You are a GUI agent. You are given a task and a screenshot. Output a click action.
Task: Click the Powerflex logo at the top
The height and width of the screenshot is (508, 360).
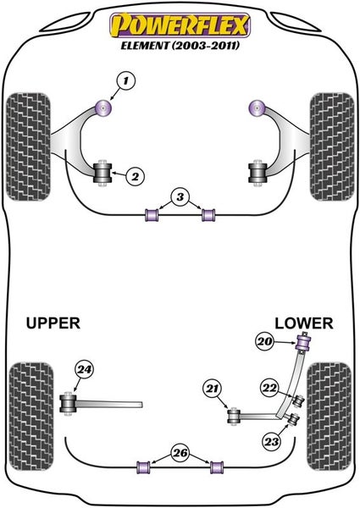click(180, 25)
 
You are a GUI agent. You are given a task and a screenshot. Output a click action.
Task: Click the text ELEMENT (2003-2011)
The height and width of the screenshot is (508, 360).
click(180, 46)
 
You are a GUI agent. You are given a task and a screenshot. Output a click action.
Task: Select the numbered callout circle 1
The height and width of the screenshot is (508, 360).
click(125, 81)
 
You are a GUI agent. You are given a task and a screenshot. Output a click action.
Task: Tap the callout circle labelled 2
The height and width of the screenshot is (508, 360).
click(136, 176)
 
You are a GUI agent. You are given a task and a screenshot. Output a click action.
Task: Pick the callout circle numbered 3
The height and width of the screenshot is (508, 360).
click(180, 196)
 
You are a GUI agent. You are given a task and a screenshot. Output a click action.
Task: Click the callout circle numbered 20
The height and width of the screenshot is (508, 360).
click(265, 341)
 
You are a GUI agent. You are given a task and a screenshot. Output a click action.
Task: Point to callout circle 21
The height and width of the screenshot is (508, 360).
click(213, 388)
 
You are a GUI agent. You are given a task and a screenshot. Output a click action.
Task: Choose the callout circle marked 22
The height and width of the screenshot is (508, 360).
click(270, 388)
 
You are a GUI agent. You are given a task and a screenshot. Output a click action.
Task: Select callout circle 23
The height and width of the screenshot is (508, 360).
click(272, 441)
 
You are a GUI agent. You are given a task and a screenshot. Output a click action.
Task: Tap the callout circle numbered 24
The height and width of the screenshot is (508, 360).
click(84, 369)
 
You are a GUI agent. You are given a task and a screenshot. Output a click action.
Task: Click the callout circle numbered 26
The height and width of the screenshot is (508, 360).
click(180, 452)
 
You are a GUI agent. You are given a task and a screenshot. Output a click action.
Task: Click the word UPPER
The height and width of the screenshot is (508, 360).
click(53, 323)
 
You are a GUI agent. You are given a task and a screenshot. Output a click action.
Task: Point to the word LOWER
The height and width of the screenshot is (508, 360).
click(303, 323)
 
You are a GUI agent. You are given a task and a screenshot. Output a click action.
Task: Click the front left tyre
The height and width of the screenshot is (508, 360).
click(29, 146)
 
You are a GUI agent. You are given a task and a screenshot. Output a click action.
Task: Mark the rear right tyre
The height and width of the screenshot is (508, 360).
click(330, 417)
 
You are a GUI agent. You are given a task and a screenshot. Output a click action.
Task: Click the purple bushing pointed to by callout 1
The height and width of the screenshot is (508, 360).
click(104, 108)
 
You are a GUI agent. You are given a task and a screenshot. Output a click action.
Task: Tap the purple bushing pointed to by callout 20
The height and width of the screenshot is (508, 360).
click(304, 343)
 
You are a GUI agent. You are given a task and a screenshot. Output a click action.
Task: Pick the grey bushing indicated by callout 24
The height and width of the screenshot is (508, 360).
click(68, 404)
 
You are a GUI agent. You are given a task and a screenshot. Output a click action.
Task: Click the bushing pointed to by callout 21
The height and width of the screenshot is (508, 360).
click(234, 417)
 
